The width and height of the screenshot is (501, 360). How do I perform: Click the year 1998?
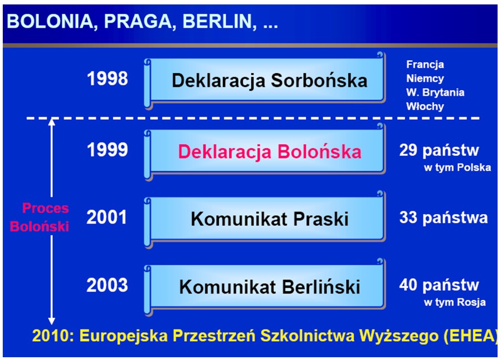coord(108,78)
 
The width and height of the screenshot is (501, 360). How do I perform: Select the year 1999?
coord(108,149)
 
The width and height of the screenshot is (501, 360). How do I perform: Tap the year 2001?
coord(107,217)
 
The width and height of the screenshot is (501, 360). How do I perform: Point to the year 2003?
coord(107,285)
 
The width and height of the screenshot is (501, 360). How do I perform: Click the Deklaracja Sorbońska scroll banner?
coord(265,81)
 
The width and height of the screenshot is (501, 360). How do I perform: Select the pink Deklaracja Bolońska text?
coord(270,151)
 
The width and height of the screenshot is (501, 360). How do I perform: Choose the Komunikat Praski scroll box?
coord(265,220)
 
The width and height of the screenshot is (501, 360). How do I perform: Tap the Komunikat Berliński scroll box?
coord(265,287)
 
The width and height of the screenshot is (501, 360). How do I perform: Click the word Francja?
coord(425,64)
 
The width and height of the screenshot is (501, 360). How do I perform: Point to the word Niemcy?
coord(425,78)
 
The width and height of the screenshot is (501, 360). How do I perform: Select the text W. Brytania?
coord(435,93)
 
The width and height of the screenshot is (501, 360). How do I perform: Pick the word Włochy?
coord(425,106)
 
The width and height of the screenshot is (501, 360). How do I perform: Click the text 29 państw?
coord(439,150)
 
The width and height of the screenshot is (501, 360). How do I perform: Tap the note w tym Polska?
coord(457,168)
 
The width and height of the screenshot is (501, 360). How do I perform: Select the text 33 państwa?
coord(443,218)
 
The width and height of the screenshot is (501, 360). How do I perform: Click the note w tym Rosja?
coord(454,302)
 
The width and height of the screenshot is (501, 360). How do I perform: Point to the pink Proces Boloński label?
coord(39,217)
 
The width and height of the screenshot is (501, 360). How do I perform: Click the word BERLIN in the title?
coord(219,22)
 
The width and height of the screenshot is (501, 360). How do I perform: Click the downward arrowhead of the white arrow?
coord(52,321)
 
